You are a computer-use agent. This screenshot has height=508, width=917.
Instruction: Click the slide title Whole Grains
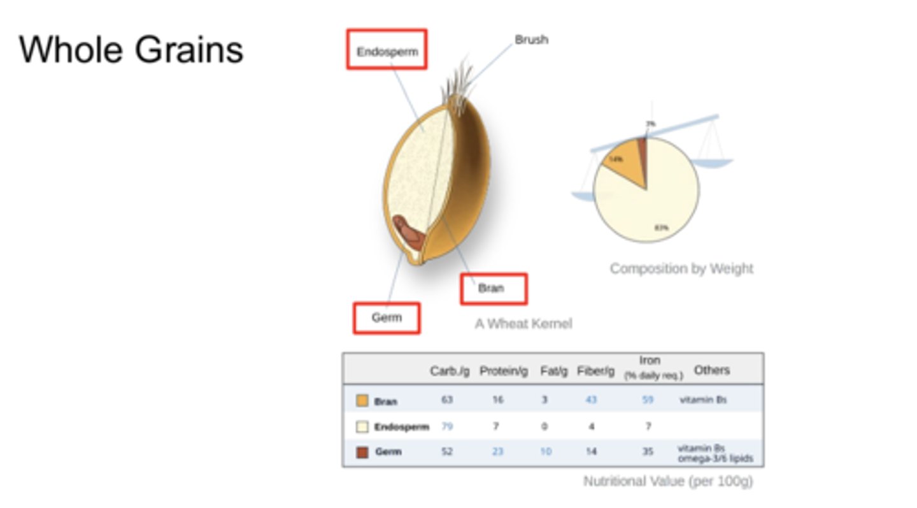pos(131,50)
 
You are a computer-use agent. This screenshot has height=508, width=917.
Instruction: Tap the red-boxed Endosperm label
pos(387,52)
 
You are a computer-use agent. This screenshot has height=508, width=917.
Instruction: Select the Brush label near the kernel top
pos(531,40)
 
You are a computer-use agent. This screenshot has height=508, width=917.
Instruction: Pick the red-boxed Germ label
pos(387,317)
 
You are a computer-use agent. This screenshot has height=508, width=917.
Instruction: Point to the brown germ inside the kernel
pos(409,233)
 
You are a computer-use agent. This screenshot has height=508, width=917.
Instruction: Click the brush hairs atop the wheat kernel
pos(458,80)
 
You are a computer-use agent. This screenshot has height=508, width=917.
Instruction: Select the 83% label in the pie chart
pos(662,228)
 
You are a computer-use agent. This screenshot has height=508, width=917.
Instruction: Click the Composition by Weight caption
pos(681,268)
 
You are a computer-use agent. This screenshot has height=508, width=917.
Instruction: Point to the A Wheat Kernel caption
pos(523,324)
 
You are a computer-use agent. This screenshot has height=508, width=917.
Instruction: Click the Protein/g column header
pos(503,371)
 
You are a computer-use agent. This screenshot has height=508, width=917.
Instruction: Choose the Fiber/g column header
pos(595,371)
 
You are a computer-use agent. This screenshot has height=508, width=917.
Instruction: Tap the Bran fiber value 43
pos(591,400)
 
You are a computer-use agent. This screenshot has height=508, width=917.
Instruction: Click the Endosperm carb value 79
pos(447,426)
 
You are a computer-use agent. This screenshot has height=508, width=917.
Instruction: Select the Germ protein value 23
pos(497,451)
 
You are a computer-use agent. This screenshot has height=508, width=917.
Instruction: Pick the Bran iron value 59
pos(648,400)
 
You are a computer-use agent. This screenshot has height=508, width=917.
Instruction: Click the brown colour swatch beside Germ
pos(362,452)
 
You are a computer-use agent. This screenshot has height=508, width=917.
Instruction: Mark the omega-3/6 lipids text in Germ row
pos(715,459)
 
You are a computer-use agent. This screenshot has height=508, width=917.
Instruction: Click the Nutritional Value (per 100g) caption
pos(668,481)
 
